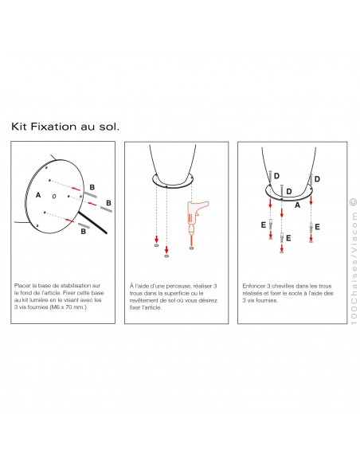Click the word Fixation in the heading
click(53, 127)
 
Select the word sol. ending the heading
click(108, 127)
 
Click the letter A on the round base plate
click(38, 195)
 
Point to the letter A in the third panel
click(297, 205)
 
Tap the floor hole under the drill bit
click(192, 248)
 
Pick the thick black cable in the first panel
click(92, 222)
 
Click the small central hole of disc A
click(54, 196)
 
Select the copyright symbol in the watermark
click(354, 201)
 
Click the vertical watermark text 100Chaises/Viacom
click(354, 268)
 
